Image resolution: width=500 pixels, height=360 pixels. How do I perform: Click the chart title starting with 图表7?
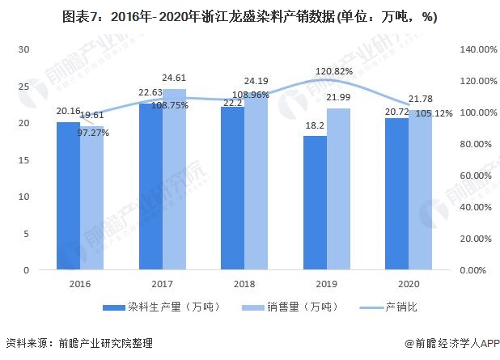(x=249, y=19)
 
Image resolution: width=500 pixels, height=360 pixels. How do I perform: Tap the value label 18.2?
(x=315, y=126)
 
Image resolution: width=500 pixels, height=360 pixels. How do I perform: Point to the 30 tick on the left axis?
(x=24, y=49)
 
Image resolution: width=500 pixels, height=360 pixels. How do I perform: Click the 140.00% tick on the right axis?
(x=473, y=49)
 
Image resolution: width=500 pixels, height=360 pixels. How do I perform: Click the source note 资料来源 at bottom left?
(x=67, y=343)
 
